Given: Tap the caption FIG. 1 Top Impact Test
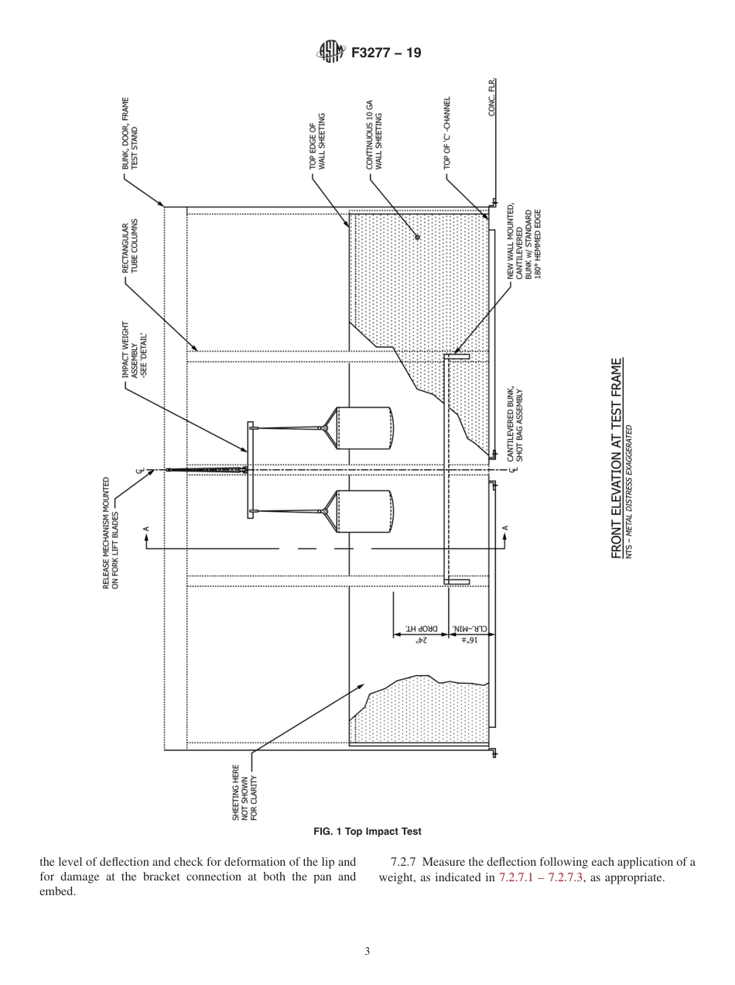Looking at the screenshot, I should pyautogui.click(x=367, y=832).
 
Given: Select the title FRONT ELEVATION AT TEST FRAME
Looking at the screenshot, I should pyautogui.click(x=617, y=458).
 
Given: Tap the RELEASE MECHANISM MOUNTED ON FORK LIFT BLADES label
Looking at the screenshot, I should pyautogui.click(x=111, y=534).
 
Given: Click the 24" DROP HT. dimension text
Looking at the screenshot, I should pyautogui.click(x=418, y=635).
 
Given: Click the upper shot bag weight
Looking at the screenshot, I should pyautogui.click(x=364, y=427).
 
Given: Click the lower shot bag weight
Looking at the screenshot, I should pyautogui.click(x=364, y=511).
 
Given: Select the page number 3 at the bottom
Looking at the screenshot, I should pyautogui.click(x=367, y=951).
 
